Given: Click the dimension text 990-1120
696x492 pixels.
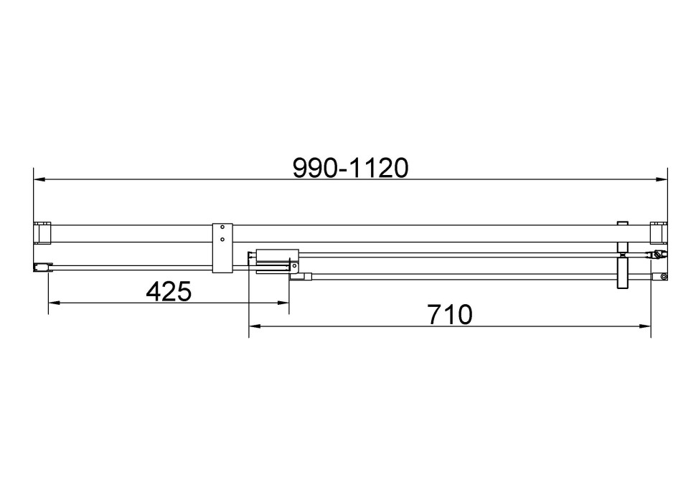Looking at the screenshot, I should point(351,168).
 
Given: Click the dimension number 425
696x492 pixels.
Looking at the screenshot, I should point(169,291).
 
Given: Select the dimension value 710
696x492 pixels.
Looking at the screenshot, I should point(450,314).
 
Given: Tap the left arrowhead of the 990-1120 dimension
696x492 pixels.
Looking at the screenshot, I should point(39,179).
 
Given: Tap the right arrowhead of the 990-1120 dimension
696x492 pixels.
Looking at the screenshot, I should point(662,179).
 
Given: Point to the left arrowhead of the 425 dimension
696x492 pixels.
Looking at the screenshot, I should point(53,303).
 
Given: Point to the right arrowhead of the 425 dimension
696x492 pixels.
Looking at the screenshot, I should point(283,303).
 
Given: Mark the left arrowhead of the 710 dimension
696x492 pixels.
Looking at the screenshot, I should point(254,326).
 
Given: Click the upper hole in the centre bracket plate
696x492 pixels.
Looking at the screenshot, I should point(222,229).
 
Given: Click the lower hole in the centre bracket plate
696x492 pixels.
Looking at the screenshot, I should point(222,239).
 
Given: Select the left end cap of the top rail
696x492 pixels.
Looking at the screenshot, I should point(42,234).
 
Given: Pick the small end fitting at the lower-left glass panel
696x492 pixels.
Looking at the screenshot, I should point(42,268).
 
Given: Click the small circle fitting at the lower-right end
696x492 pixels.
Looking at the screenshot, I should point(664,277).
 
